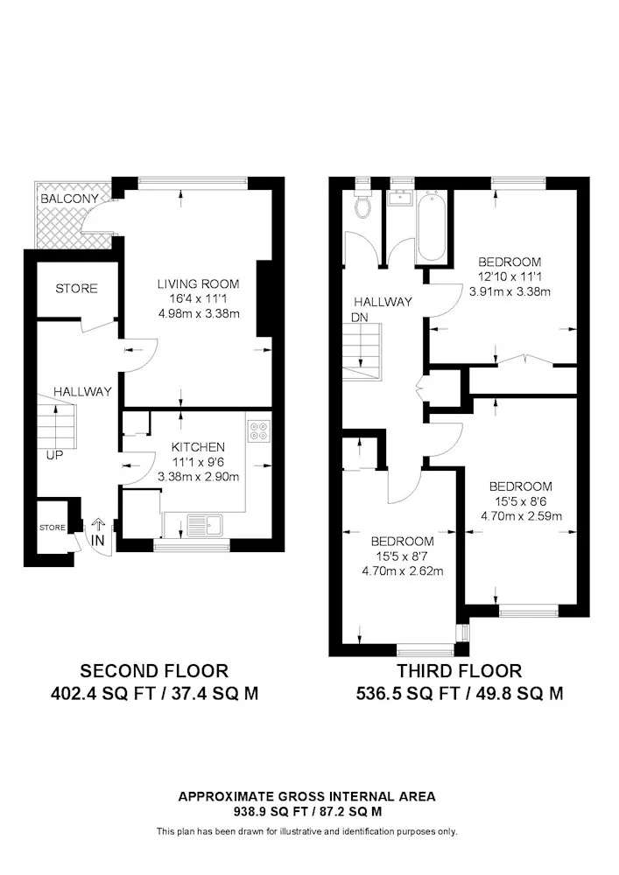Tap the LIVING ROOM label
(x=198, y=283)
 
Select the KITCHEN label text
(x=198, y=446)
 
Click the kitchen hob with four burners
(x=259, y=431)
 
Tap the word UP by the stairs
(x=54, y=456)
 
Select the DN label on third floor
(x=360, y=317)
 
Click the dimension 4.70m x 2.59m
(x=521, y=516)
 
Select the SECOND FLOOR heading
(x=154, y=671)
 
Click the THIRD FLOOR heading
(x=459, y=671)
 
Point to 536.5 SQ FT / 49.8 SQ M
(x=459, y=694)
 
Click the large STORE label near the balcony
(x=77, y=289)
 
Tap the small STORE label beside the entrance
(x=52, y=528)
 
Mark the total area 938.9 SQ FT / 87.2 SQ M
(x=306, y=811)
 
